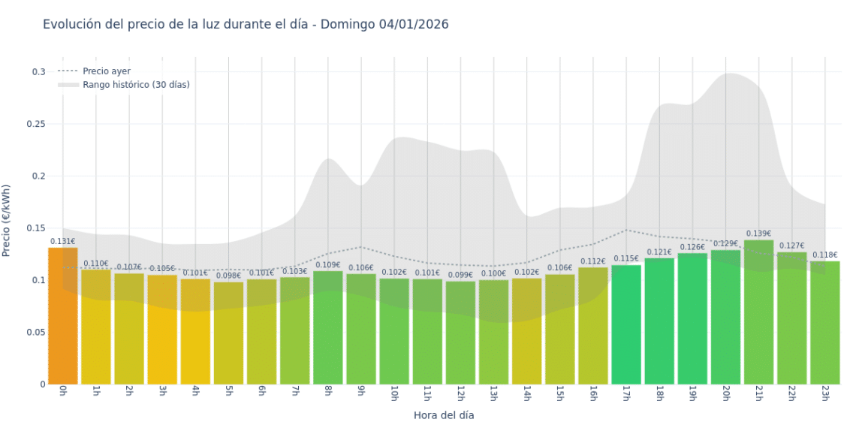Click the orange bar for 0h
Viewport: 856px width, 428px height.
(x=63, y=315)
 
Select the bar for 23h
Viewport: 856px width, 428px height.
(x=824, y=323)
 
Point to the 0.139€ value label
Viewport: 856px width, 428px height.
(x=758, y=234)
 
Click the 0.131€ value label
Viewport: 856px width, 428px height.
(x=63, y=242)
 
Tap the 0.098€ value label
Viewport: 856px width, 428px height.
(x=228, y=276)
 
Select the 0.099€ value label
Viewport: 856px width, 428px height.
(x=460, y=275)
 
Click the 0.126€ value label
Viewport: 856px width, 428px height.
(x=692, y=247)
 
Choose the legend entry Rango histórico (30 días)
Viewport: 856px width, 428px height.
(x=136, y=85)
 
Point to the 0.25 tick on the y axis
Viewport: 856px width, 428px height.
(x=35, y=124)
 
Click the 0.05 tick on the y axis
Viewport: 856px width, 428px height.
(x=35, y=333)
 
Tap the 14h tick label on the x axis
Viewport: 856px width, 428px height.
(x=526, y=394)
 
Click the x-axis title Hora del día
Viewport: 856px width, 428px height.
(x=444, y=414)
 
